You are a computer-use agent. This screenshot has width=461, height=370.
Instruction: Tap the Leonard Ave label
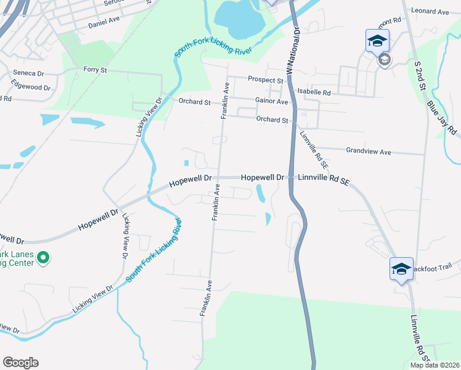(x=430, y=12)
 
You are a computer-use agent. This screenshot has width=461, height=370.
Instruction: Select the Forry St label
(x=95, y=70)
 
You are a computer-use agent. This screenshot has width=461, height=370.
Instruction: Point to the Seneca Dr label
(x=28, y=73)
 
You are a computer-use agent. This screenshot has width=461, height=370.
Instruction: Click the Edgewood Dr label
(x=31, y=88)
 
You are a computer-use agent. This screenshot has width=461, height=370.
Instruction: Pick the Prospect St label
(x=266, y=80)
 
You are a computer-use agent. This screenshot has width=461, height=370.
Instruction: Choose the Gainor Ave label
(x=271, y=101)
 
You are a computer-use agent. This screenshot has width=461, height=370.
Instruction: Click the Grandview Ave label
(x=369, y=152)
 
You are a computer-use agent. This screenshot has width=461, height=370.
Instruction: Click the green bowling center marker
(x=43, y=257)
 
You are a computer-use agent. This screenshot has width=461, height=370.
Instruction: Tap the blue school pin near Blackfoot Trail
(x=401, y=269)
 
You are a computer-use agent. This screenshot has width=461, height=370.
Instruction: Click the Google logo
(x=20, y=363)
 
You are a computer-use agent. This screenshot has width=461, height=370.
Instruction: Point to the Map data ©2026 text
(x=435, y=365)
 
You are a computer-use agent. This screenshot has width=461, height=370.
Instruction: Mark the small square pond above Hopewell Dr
(x=186, y=163)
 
